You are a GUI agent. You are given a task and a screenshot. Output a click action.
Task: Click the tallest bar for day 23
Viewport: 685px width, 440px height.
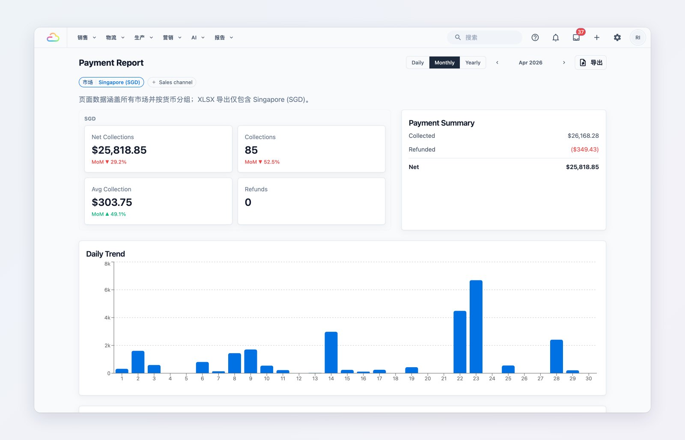click(476, 327)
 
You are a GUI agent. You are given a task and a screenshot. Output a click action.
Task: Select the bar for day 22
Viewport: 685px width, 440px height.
click(460, 342)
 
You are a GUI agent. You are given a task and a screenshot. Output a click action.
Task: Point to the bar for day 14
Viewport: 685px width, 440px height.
click(331, 352)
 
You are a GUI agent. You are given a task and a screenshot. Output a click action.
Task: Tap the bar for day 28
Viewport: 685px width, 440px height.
click(557, 356)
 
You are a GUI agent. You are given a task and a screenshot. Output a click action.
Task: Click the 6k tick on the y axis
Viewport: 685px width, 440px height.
click(107, 290)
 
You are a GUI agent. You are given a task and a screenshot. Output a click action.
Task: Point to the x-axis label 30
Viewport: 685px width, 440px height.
click(589, 378)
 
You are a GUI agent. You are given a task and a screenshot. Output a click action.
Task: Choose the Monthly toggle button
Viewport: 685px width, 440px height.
click(444, 62)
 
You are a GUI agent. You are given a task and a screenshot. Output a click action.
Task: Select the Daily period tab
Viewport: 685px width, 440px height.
click(418, 62)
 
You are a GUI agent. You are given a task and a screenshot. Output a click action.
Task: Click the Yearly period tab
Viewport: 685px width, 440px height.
click(473, 62)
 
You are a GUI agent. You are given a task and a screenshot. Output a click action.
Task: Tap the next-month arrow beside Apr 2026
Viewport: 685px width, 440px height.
click(564, 62)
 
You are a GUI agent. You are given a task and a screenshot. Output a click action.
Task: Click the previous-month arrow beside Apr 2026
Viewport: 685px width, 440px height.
click(497, 62)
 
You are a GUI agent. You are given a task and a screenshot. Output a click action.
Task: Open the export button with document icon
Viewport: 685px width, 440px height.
click(590, 62)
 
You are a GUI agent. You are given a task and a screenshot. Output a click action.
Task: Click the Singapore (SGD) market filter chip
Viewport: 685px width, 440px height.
click(111, 82)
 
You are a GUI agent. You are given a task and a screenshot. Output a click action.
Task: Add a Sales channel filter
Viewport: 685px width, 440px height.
click(172, 82)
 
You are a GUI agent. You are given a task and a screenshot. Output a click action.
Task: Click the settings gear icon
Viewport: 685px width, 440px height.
click(617, 37)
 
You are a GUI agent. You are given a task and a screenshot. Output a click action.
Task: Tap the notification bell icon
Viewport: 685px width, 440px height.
click(556, 37)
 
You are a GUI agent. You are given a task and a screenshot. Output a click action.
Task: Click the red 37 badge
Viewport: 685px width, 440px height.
click(581, 32)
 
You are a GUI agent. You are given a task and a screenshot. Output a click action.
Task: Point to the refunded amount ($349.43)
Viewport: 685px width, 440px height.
click(585, 149)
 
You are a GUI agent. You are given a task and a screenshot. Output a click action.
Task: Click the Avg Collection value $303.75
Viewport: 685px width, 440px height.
click(112, 202)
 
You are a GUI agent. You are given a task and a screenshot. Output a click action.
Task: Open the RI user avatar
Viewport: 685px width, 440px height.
click(637, 37)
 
